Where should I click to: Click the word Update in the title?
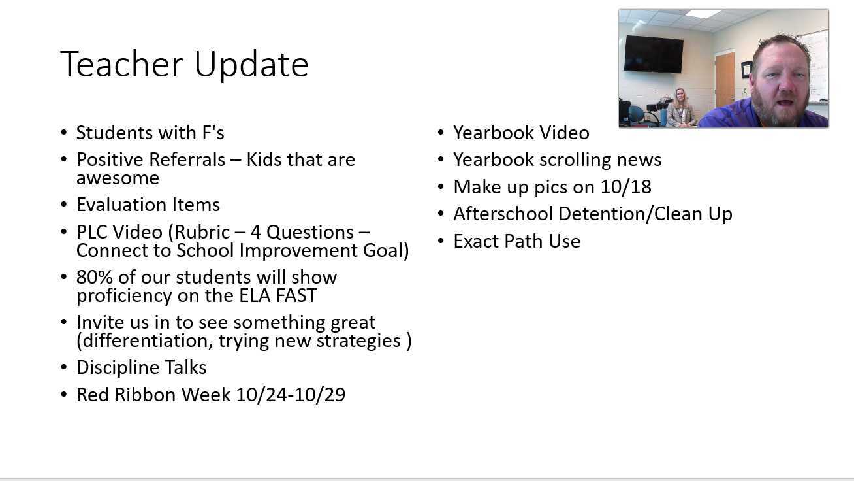tap(251, 65)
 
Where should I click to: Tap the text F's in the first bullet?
tap(213, 133)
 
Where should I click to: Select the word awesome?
tap(118, 178)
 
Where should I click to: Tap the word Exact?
tap(477, 241)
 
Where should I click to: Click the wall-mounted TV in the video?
tap(654, 54)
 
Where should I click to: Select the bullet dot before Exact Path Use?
tap(441, 241)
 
